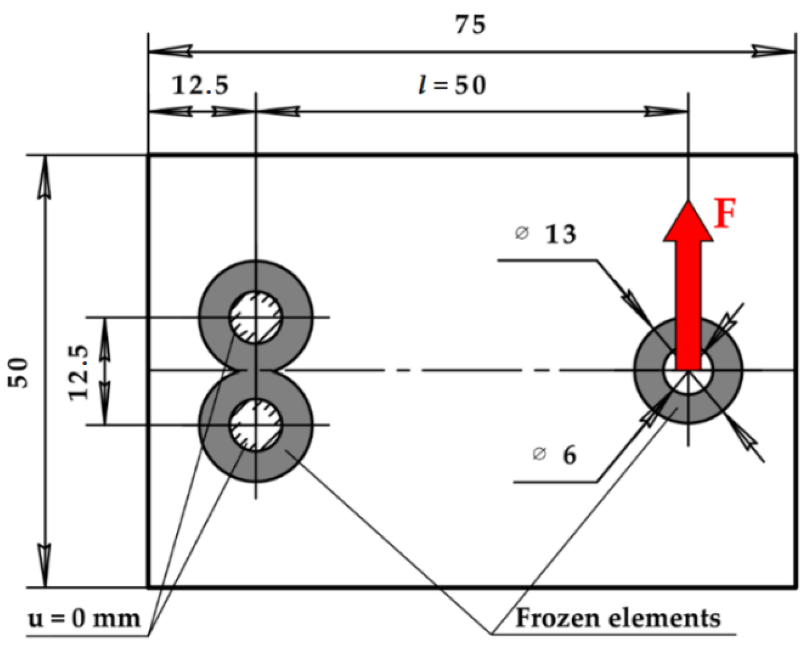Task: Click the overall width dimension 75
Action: [x=471, y=24]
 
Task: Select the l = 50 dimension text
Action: [x=453, y=85]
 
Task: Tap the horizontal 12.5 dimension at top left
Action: [x=200, y=85]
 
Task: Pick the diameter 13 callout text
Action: [x=560, y=234]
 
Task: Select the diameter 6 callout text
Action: [x=569, y=455]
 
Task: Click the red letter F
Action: [x=724, y=214]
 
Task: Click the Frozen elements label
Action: [x=618, y=618]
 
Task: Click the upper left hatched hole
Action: [x=256, y=317]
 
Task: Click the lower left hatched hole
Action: [x=256, y=425]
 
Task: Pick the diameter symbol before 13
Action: [x=521, y=234]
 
